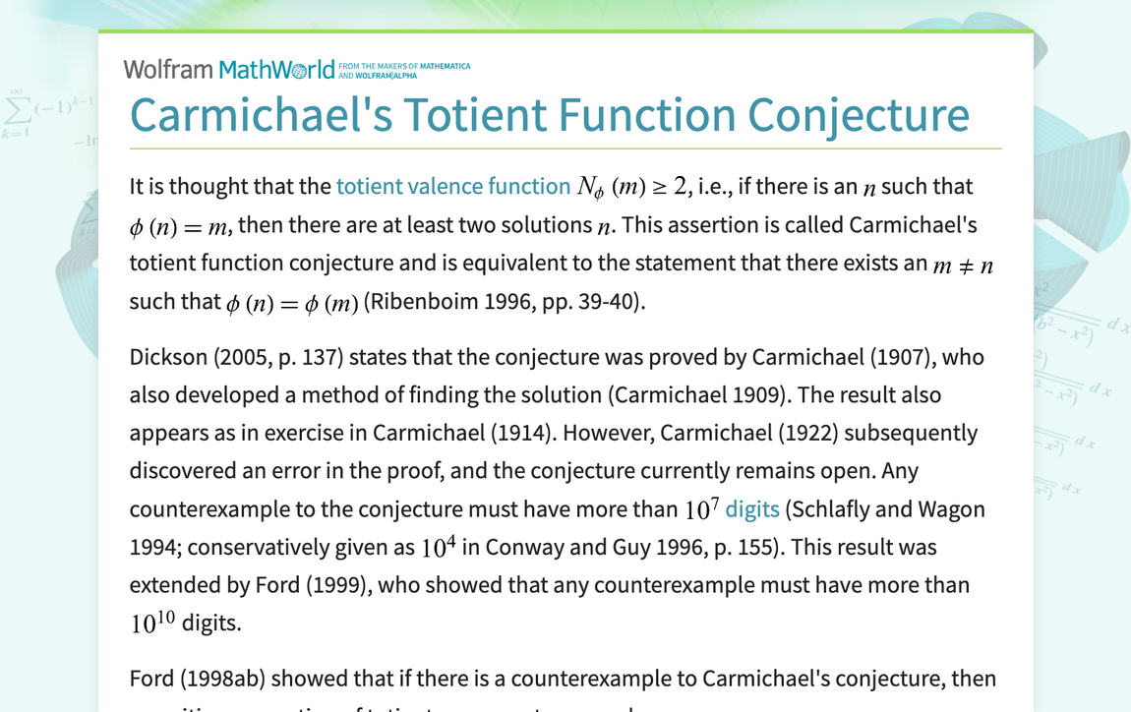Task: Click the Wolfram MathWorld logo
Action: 228,69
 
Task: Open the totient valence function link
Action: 453,187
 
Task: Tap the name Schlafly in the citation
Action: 833,509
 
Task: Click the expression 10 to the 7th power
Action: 702,508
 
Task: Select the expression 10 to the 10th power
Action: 152,623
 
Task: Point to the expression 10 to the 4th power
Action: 438,547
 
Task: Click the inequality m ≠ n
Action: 963,264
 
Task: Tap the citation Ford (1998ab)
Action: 198,679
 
